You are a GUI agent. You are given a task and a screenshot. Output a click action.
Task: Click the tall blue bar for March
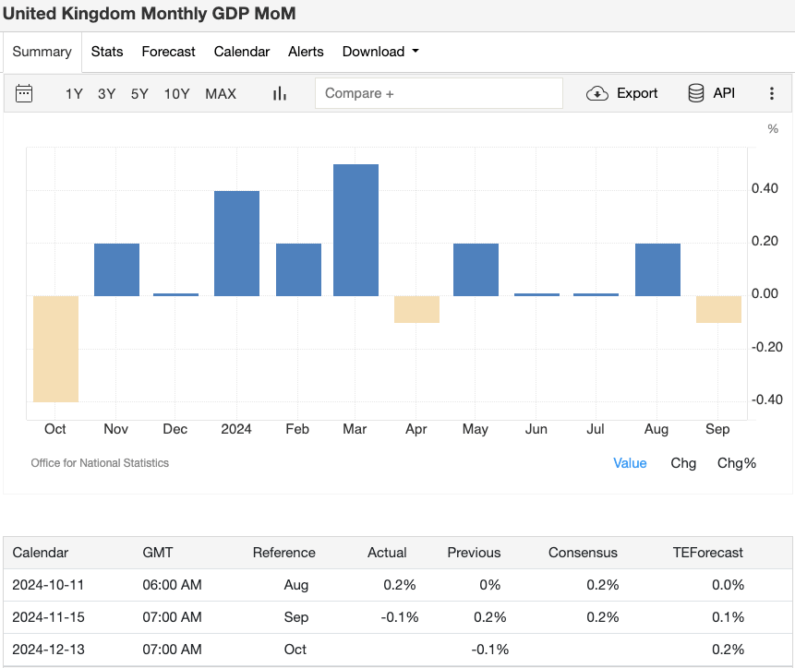tap(355, 230)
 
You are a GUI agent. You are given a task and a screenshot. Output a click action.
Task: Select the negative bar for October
tap(56, 349)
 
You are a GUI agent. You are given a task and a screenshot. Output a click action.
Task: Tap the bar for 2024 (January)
tap(236, 244)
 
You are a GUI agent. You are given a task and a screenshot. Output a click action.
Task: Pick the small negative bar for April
tap(416, 309)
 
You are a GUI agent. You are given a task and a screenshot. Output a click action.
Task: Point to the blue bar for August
tap(657, 269)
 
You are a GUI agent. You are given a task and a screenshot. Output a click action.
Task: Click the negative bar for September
tap(718, 309)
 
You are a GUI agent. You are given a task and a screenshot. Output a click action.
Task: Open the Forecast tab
tap(168, 52)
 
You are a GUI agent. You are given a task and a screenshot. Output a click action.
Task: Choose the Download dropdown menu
tap(379, 52)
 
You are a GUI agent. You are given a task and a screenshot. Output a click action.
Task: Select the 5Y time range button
tap(139, 93)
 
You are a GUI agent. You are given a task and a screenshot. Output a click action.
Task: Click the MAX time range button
tap(221, 93)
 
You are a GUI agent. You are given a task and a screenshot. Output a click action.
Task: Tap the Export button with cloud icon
tap(622, 93)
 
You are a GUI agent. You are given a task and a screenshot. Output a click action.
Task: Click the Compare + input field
tap(439, 93)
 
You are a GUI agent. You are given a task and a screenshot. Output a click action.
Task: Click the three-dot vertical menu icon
tap(772, 93)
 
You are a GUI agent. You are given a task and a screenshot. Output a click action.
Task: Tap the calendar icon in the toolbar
tap(25, 93)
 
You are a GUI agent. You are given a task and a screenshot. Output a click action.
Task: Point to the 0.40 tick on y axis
tap(765, 189)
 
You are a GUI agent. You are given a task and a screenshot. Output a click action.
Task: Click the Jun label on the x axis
tap(536, 429)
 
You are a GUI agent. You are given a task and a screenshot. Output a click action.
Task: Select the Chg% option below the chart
tap(736, 463)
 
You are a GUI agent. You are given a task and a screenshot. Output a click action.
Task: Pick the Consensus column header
tap(583, 553)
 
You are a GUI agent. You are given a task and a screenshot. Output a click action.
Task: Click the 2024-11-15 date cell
tap(48, 616)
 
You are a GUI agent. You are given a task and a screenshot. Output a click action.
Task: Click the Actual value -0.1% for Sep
tap(399, 616)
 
